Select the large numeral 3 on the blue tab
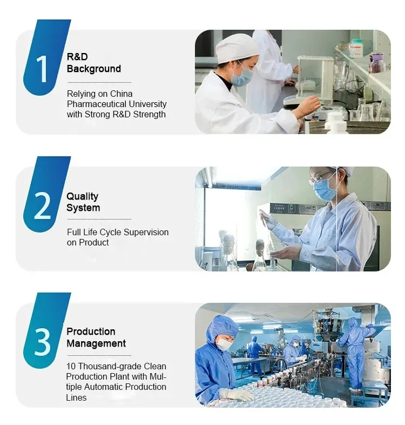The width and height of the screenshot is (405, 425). pyautogui.click(x=43, y=342)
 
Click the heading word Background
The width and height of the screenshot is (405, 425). pyautogui.click(x=93, y=69)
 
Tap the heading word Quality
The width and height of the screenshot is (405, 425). pyautogui.click(x=82, y=196)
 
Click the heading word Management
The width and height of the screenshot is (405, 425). pyautogui.click(x=96, y=343)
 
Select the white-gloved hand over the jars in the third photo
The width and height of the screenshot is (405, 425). pyautogui.click(x=236, y=395)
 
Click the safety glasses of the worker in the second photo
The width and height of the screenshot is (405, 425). pyautogui.click(x=322, y=178)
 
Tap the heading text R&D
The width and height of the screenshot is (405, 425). pyautogui.click(x=77, y=57)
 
